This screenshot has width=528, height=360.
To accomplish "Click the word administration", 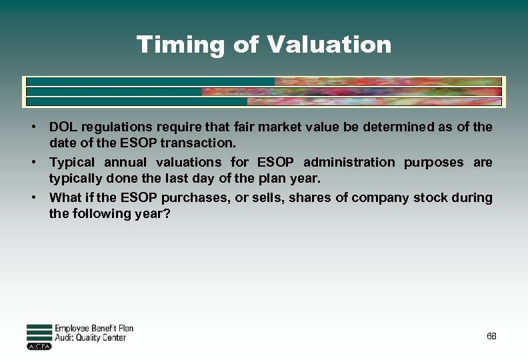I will click(349, 162).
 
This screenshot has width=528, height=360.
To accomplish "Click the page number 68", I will click(491, 336).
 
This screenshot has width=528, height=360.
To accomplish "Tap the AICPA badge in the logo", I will click(39, 347).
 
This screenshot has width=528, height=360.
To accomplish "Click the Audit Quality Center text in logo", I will click(89, 338).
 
